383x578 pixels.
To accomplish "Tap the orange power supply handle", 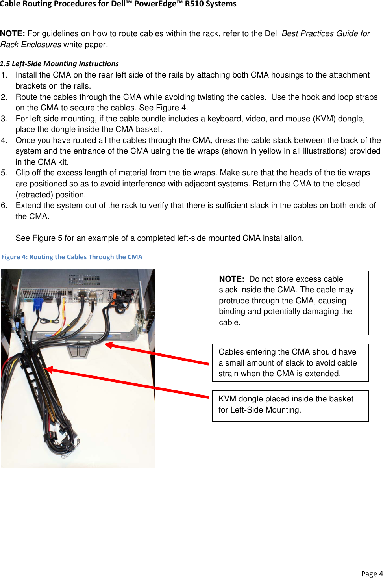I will pos(118,295).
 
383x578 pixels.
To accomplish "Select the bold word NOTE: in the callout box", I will pos(231,279).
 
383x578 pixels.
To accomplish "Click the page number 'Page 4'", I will pos(372,574).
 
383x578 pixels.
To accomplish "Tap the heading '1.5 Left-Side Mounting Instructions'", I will pos(59,63).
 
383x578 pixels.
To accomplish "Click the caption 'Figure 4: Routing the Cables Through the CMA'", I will pos(72,257).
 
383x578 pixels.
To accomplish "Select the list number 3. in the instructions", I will pos(4,119).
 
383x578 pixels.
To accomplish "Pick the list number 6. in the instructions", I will pos(4,205).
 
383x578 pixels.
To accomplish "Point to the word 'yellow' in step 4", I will pos(257,151).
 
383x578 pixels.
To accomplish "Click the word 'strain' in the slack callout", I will pos(229,374).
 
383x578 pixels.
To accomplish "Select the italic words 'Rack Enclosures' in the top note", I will pos(31,45).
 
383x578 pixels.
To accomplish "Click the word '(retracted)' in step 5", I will pos(34,195).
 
